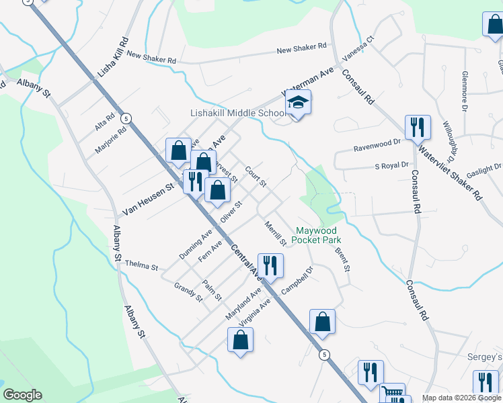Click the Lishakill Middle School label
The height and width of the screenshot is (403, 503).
(x=229, y=113)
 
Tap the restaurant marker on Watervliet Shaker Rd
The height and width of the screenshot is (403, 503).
(x=417, y=126)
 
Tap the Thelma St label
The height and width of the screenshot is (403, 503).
(x=141, y=265)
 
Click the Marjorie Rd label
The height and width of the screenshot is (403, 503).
(x=111, y=140)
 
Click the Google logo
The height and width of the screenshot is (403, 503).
(x=22, y=395)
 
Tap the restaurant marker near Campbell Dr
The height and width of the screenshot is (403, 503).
(x=271, y=265)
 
